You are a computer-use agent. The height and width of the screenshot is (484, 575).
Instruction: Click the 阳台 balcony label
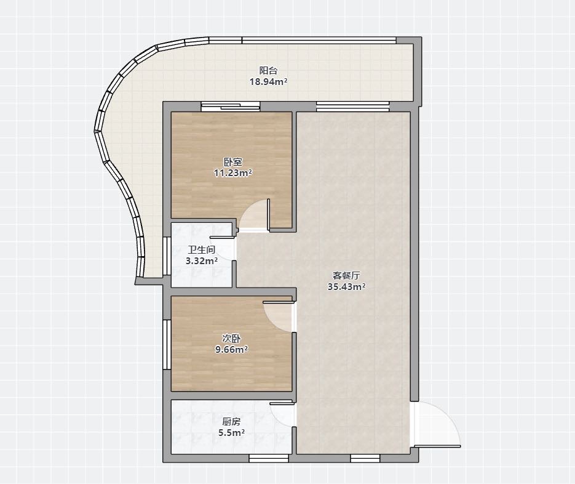click(x=268, y=71)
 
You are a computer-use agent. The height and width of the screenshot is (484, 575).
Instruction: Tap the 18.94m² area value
click(x=268, y=81)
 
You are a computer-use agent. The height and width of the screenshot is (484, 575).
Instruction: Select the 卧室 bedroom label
click(x=233, y=161)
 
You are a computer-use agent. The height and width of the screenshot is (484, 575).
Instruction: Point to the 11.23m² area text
click(x=233, y=172)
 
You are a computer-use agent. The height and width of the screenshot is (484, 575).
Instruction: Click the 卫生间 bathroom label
click(x=202, y=250)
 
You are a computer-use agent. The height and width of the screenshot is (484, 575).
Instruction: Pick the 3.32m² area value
click(x=202, y=261)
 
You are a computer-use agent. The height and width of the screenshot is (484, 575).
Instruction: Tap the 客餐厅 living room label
click(x=346, y=275)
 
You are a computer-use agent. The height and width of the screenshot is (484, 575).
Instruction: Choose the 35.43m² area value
click(x=346, y=286)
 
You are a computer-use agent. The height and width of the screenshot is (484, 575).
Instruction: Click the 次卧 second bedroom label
click(x=231, y=338)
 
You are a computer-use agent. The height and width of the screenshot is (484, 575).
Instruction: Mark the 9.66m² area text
click(x=231, y=349)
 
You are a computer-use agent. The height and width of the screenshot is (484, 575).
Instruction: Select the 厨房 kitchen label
click(x=231, y=422)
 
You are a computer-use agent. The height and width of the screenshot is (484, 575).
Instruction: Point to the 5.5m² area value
click(x=231, y=433)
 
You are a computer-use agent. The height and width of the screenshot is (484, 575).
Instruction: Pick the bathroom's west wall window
click(x=167, y=256)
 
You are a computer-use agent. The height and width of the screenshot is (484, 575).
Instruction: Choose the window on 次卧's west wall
click(x=167, y=344)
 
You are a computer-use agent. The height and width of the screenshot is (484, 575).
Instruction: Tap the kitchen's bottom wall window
click(x=269, y=458)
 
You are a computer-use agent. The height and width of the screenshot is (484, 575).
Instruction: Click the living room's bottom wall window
click(x=365, y=458)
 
